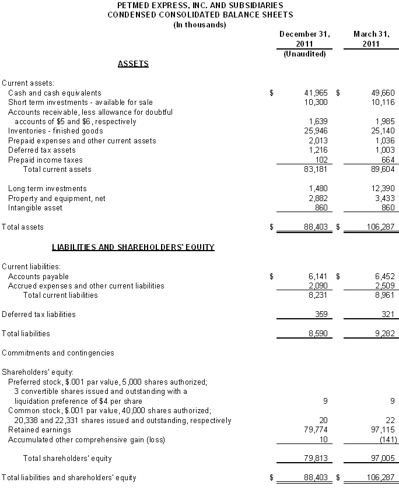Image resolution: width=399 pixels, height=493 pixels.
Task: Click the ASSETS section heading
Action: (133, 64)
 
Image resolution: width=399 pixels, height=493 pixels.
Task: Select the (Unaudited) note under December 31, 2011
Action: (304, 54)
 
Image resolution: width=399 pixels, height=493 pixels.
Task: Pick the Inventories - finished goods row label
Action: (55, 131)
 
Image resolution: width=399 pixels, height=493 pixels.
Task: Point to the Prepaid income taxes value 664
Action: (388, 160)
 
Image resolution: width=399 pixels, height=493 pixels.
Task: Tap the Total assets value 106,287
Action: (381, 227)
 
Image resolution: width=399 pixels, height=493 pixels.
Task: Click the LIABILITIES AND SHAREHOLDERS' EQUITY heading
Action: (133, 247)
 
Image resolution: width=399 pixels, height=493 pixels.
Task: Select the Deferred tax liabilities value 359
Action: (321, 314)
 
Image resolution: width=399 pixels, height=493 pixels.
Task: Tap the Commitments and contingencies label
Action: (58, 353)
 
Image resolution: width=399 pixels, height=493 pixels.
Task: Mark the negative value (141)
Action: (385, 439)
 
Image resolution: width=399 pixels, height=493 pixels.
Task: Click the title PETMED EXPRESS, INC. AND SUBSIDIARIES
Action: (199, 5)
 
